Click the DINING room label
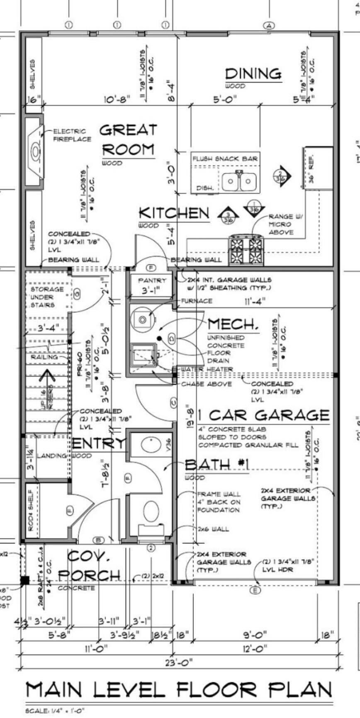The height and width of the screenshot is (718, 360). click(253, 74)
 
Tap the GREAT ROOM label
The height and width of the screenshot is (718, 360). click(128, 140)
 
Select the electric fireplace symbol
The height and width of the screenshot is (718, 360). click(35, 151)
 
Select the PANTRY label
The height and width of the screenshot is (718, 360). click(152, 281)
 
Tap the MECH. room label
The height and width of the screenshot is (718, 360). click(233, 324)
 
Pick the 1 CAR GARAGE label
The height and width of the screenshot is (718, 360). click(263, 415)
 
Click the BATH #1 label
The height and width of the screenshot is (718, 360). click(216, 465)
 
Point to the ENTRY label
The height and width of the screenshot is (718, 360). click(98, 443)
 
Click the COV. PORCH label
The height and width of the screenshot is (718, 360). click(89, 566)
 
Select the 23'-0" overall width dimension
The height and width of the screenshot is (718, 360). click(179, 662)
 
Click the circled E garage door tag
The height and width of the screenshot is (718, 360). click(255, 590)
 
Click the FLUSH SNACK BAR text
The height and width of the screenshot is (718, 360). click(225, 158)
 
